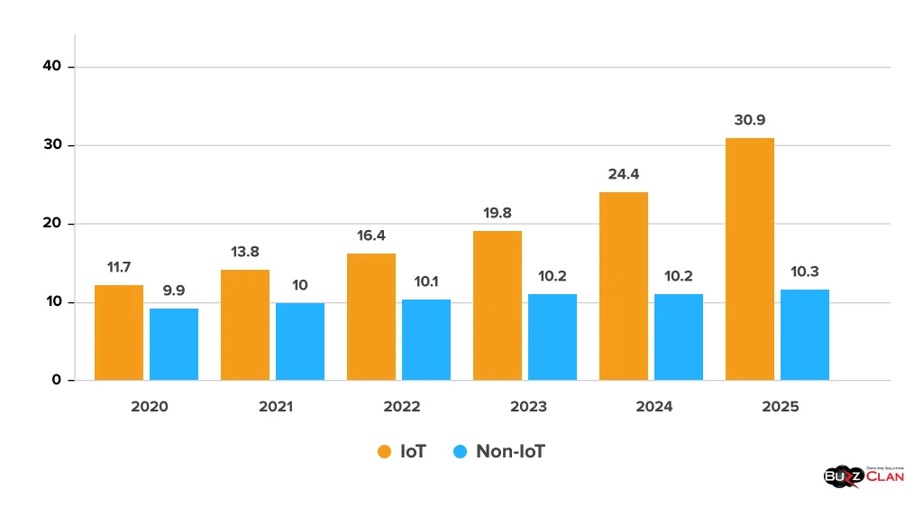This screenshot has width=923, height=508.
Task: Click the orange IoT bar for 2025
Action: (x=749, y=259)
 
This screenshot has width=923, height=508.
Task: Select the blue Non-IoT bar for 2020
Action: (x=174, y=344)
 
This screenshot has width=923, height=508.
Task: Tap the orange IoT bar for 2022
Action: (x=371, y=317)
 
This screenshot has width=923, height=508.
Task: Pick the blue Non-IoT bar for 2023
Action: (x=553, y=337)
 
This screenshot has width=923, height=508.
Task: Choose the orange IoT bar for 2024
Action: (x=624, y=286)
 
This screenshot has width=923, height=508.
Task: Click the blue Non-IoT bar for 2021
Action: (x=300, y=341)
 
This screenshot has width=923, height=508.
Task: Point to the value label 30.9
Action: (x=750, y=120)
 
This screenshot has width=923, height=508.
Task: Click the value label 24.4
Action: (x=624, y=174)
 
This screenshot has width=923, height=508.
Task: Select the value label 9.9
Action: (x=174, y=291)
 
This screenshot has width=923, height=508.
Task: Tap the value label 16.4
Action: (x=371, y=235)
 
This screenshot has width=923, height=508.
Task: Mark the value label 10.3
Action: (x=805, y=272)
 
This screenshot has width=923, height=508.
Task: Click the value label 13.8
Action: (x=245, y=252)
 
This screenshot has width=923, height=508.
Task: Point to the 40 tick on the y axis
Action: (x=52, y=67)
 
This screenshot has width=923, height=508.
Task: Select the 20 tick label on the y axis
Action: (x=52, y=224)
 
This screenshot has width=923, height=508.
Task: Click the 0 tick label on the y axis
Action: (x=57, y=380)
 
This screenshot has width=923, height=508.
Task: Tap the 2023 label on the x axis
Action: (x=528, y=407)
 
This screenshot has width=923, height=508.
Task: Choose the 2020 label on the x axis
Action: (x=150, y=407)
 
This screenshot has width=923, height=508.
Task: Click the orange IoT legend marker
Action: (x=384, y=451)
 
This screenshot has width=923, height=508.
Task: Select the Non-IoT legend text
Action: (x=510, y=451)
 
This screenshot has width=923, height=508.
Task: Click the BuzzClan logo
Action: (x=864, y=476)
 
